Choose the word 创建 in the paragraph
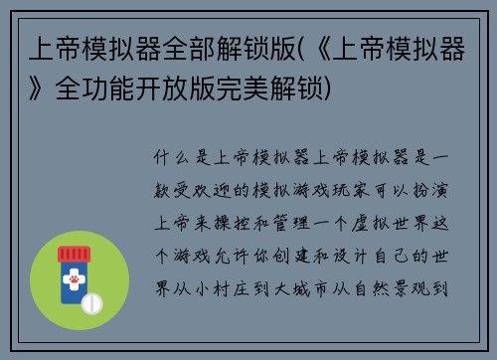click(306, 253)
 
